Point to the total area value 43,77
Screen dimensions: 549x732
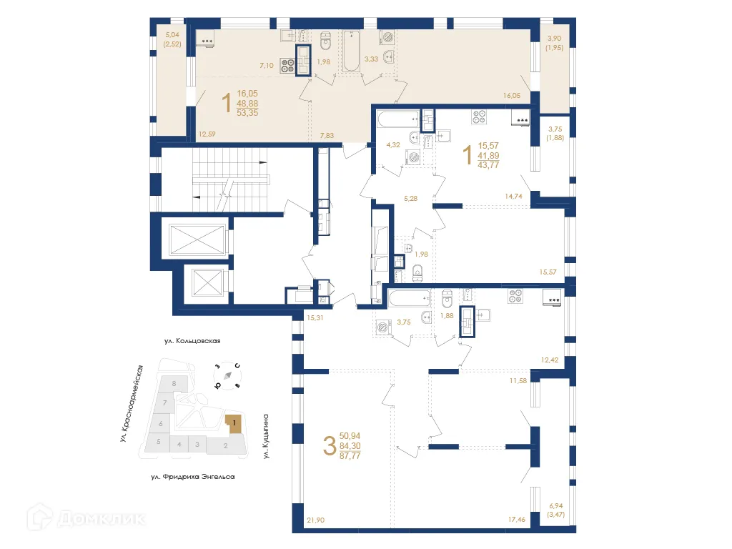[x=490, y=164]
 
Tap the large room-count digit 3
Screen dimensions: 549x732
[x=329, y=447]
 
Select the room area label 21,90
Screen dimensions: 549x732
[x=315, y=520]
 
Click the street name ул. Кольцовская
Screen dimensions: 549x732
[x=192, y=342]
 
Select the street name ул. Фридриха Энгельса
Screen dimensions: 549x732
[x=193, y=476]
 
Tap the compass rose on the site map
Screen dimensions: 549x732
[x=227, y=376]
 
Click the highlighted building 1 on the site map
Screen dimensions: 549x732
[x=233, y=424]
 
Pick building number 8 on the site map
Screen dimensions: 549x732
[x=174, y=384]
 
